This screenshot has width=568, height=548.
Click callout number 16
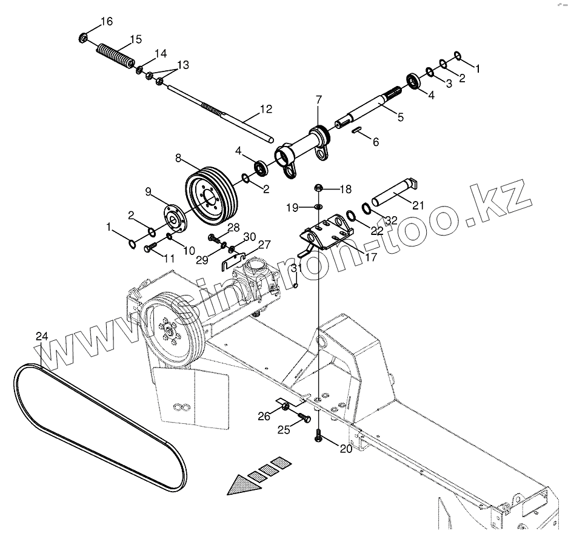[x=106, y=22]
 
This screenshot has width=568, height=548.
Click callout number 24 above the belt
[x=41, y=336]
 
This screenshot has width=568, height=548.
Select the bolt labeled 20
[x=318, y=437]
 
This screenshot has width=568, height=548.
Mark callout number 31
[x=296, y=268]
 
